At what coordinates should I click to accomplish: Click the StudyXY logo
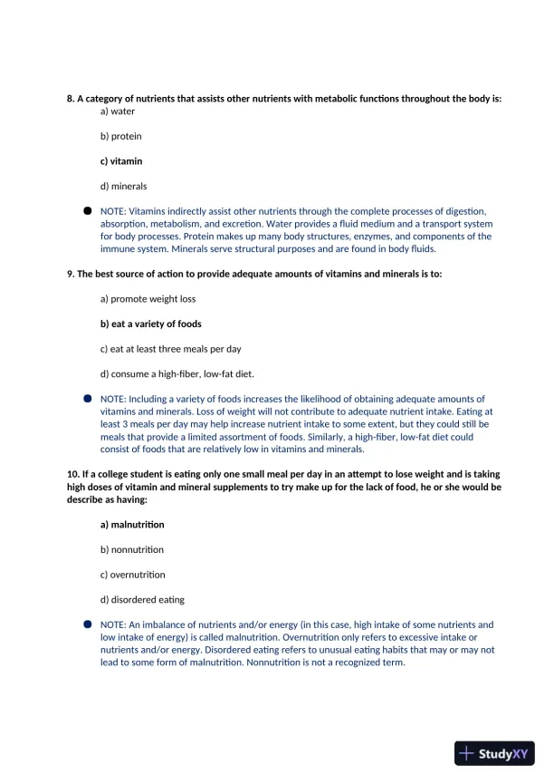(494, 752)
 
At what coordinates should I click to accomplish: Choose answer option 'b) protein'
(120, 136)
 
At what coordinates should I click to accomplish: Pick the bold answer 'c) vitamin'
(121, 161)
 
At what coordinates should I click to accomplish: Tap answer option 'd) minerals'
(123, 187)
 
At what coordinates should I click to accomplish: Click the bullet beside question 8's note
(88, 210)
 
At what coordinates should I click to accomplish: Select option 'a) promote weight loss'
(148, 299)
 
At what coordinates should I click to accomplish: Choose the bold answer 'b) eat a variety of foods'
(150, 324)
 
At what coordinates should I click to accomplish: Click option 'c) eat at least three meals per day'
(170, 349)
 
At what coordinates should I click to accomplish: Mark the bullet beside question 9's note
(88, 398)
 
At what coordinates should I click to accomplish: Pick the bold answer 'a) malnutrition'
(132, 525)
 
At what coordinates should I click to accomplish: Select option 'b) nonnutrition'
(131, 549)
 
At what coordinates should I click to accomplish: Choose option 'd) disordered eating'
(142, 599)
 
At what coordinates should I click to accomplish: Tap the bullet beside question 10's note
(88, 624)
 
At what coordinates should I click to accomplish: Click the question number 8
(70, 98)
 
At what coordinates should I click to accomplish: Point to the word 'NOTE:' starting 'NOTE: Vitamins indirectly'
(113, 211)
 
